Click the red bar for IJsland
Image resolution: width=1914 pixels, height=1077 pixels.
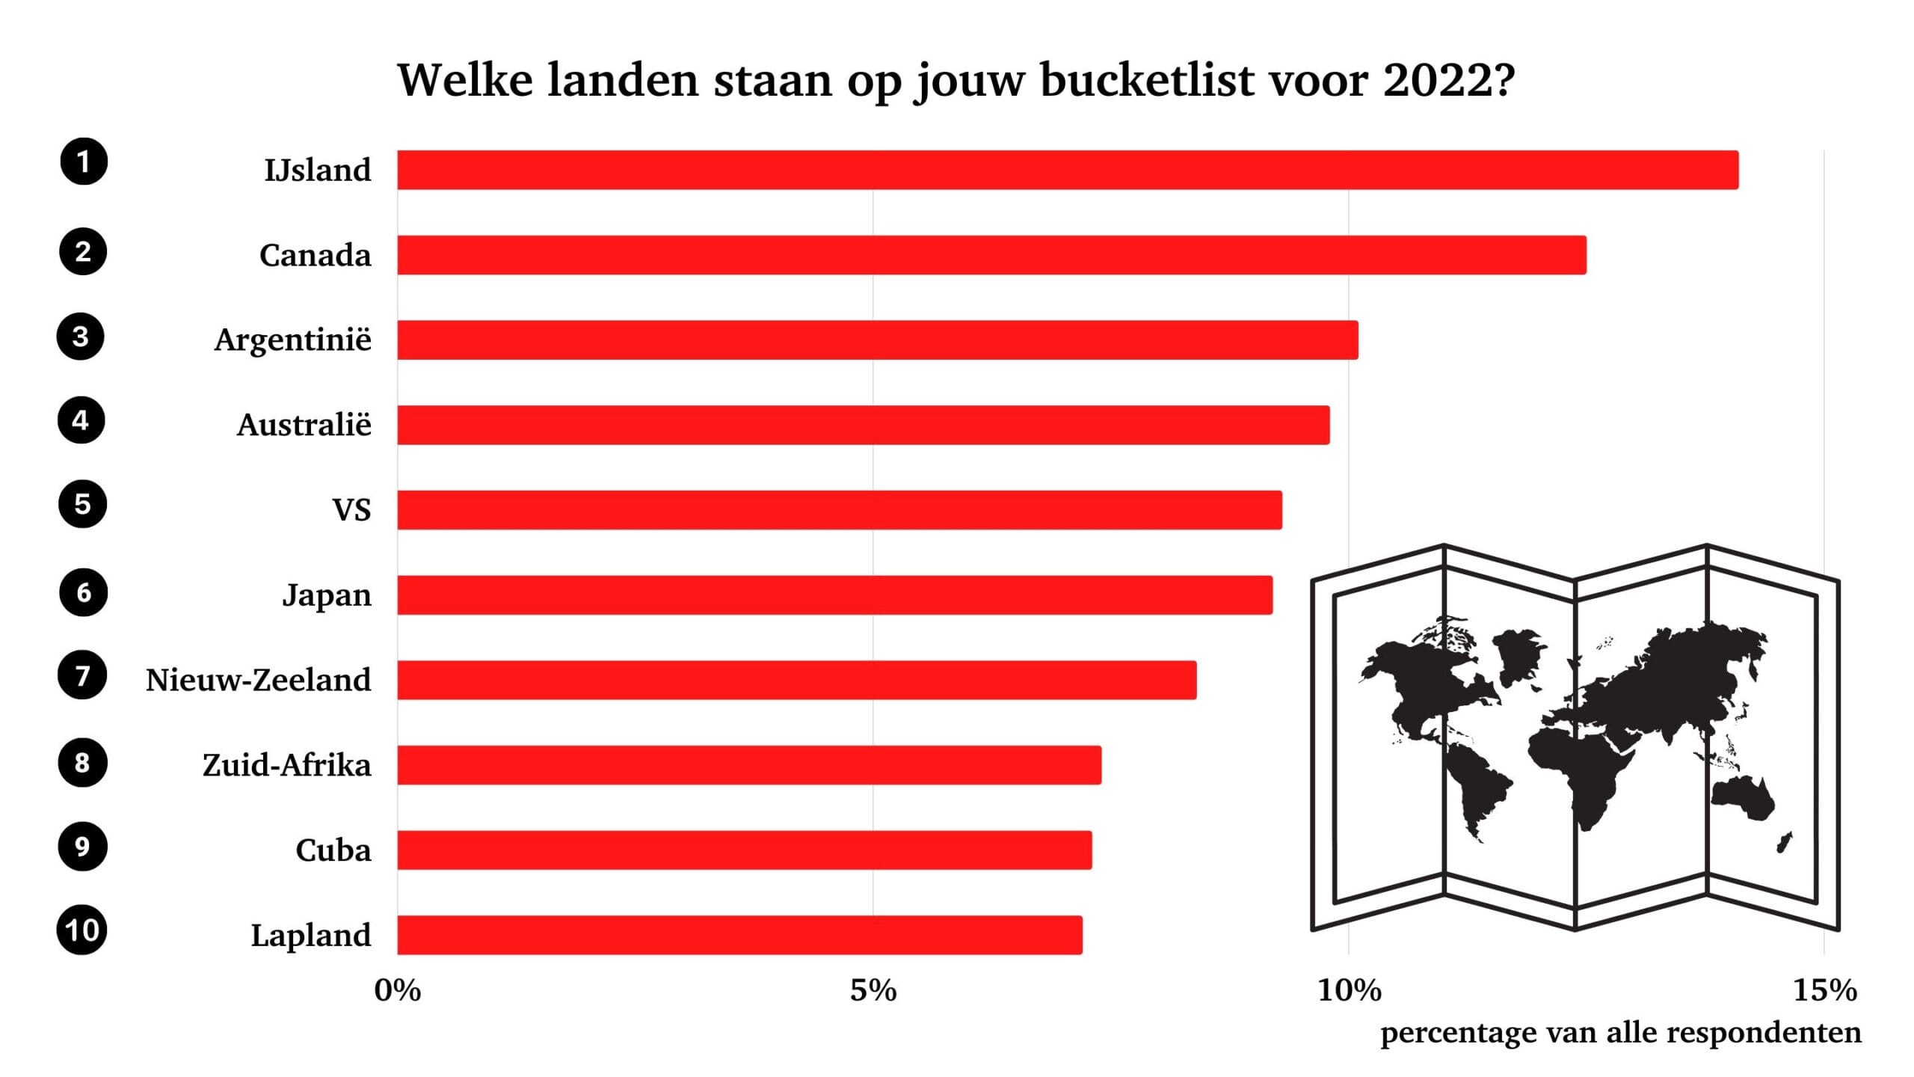1068,170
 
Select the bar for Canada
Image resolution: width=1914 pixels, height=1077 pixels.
991,255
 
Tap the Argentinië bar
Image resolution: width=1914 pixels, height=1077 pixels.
878,340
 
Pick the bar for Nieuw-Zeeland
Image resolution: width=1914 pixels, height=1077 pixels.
797,680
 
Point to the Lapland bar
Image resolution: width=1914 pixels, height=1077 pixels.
739,935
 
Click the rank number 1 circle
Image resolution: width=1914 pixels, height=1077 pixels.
84,162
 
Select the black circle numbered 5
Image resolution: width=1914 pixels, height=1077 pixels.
82,504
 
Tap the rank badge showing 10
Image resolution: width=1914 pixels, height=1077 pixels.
82,930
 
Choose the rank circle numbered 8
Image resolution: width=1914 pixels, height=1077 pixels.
82,763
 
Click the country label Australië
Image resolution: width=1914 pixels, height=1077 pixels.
304,425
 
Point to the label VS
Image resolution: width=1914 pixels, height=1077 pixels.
351,510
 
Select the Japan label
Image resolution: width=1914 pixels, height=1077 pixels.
327,595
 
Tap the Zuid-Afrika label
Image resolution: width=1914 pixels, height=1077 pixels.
287,765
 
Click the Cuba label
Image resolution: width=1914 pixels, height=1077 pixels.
333,850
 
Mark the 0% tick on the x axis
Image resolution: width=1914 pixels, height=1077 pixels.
398,991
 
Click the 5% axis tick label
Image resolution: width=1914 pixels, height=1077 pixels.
873,991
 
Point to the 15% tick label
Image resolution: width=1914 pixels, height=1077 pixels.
1825,991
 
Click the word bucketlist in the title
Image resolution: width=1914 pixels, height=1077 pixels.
1147,80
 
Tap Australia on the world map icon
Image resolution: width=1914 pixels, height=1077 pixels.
1742,800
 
